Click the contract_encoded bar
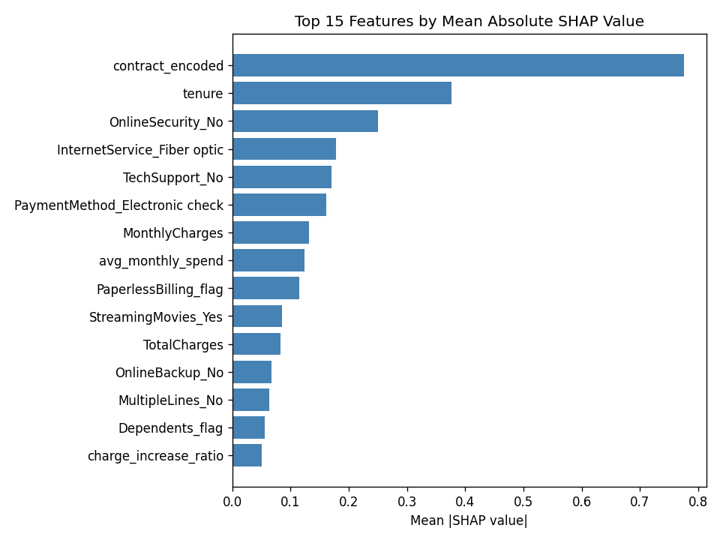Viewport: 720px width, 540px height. [x=458, y=65]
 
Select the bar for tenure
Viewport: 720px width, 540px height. [x=342, y=93]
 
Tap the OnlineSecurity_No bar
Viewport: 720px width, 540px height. [x=305, y=121]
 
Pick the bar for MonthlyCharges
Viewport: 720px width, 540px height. [x=271, y=232]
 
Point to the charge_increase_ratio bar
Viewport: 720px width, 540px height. [x=247, y=455]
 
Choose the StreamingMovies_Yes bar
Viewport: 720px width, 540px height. [x=257, y=316]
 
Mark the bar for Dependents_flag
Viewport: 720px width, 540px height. [x=249, y=427]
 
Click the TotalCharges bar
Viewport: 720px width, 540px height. [x=256, y=344]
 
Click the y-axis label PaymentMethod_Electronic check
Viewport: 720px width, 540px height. [x=119, y=205]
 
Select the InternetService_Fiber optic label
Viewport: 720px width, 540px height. [x=140, y=150]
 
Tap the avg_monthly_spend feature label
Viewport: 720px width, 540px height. [x=161, y=261]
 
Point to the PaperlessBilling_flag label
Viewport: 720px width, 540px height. [x=160, y=289]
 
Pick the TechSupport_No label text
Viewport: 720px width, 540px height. [x=173, y=178]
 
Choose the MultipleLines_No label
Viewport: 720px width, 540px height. [x=171, y=400]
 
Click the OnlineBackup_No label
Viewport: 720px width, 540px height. [x=169, y=373]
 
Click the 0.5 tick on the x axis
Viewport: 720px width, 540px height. [x=523, y=502]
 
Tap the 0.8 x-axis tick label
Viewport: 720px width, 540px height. [x=698, y=502]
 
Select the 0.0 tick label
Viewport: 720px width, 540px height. [x=232, y=502]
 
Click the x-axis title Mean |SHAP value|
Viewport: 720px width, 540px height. [x=469, y=520]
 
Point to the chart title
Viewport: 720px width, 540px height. [x=469, y=21]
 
